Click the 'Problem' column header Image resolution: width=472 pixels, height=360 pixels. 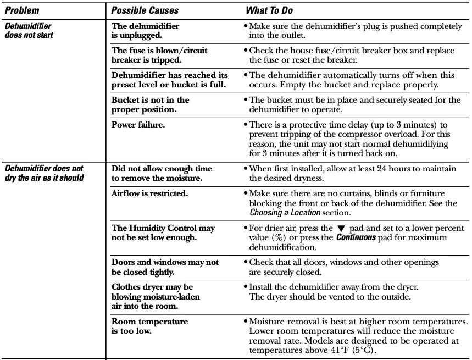(22, 10)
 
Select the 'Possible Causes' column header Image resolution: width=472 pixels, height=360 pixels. (145, 10)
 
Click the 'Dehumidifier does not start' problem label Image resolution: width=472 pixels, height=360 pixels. (29, 30)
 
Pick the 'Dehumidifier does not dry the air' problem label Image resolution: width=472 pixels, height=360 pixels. (44, 173)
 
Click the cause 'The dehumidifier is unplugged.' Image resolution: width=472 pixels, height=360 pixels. (145, 30)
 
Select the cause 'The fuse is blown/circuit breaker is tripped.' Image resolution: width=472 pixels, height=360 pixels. (159, 55)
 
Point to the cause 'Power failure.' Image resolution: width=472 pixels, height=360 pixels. (138, 125)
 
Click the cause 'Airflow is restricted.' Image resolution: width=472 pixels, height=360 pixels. (149, 193)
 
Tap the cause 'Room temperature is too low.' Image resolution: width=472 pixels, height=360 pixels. (149, 326)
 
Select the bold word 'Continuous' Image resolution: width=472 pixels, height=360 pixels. (356, 237)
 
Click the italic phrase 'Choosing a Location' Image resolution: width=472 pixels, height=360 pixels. (285, 212)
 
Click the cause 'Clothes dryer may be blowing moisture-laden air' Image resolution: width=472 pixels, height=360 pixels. (156, 297)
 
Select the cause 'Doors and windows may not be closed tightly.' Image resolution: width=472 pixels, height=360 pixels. (165, 267)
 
